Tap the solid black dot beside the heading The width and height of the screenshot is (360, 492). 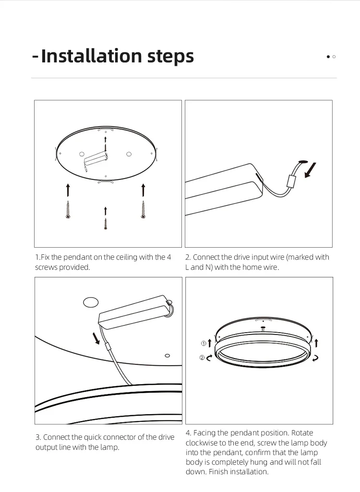[328, 57]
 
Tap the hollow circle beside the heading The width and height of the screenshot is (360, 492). [334, 57]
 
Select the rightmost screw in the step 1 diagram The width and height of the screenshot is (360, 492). [143, 210]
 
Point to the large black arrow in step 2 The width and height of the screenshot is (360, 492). [311, 170]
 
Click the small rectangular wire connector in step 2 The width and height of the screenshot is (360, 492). [290, 181]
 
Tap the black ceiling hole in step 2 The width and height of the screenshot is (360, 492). [303, 161]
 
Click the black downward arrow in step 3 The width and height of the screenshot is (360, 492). [96, 338]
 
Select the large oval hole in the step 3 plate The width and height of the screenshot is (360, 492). [90, 302]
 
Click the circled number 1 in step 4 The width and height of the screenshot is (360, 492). [203, 344]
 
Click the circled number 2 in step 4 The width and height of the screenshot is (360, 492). [203, 358]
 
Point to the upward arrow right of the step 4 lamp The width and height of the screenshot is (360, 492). [316, 343]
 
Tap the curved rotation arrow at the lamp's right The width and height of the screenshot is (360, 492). [315, 358]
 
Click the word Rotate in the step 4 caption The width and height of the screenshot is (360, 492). [302, 433]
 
